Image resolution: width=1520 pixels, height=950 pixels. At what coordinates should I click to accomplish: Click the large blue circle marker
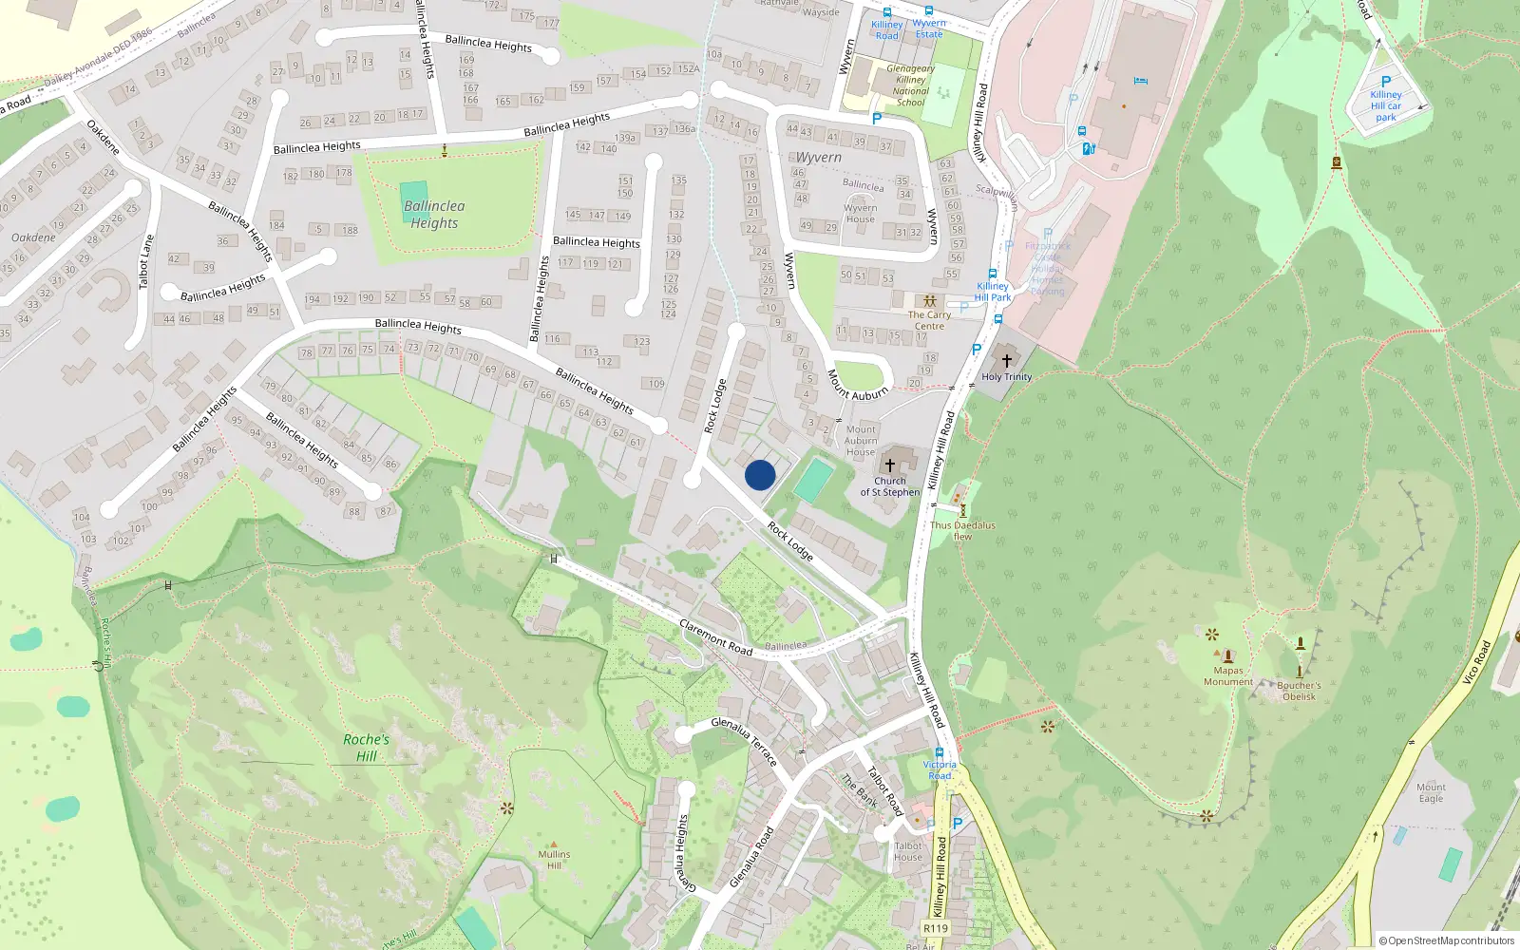tap(760, 475)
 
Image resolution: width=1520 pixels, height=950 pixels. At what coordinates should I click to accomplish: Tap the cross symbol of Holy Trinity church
tap(1007, 361)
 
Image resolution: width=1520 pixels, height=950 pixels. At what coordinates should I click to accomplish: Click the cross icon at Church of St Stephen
tap(890, 465)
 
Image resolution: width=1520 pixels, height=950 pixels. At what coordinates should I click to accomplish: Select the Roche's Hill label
tap(366, 748)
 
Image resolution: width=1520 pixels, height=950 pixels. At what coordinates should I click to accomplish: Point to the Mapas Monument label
tap(1228, 675)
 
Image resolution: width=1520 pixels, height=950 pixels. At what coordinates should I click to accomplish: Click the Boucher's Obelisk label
tap(1299, 691)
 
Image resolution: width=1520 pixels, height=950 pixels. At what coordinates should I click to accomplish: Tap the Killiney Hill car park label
tap(1386, 105)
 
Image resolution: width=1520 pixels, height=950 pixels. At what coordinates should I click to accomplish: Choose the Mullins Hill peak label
tap(554, 860)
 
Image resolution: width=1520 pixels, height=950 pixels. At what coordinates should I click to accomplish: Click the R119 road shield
tap(936, 928)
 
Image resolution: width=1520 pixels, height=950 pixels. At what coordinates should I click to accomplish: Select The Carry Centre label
tap(929, 320)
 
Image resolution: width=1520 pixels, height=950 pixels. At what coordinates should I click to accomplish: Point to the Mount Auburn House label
tap(861, 441)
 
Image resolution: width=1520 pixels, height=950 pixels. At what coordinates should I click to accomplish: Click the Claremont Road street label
tap(716, 637)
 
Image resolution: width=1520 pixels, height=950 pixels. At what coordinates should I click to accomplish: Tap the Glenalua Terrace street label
tap(745, 742)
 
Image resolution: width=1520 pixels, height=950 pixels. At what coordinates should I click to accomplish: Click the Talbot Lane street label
tap(146, 262)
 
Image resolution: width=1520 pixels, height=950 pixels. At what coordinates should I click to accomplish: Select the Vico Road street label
tap(1476, 662)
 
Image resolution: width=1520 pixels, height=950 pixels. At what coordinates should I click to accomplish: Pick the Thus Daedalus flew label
tap(962, 530)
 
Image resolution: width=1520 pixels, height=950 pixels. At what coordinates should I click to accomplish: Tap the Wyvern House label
tap(860, 214)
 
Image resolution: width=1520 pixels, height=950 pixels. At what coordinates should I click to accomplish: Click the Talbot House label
tap(908, 851)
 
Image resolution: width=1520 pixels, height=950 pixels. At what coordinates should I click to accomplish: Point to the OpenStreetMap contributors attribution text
tap(1447, 940)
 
